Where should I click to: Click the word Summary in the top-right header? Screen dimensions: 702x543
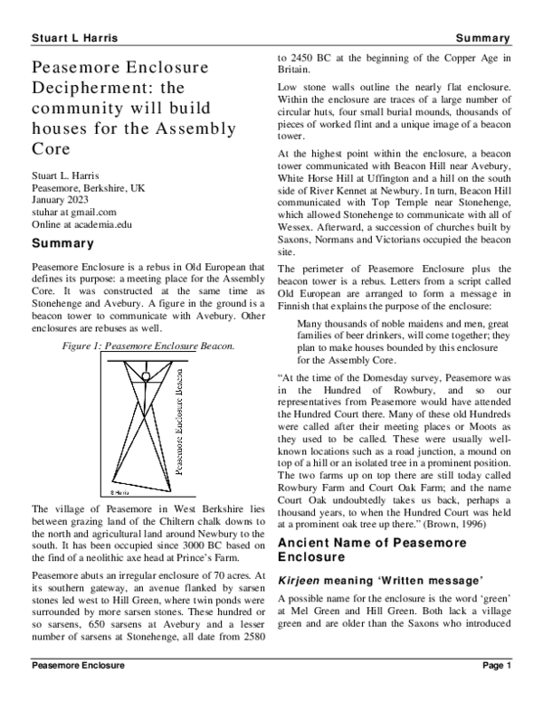coord(483,38)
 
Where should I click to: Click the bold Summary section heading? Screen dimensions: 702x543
coord(62,244)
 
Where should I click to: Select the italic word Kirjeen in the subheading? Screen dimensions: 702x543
coord(302,576)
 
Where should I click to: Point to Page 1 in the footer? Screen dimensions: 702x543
coord(497,690)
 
